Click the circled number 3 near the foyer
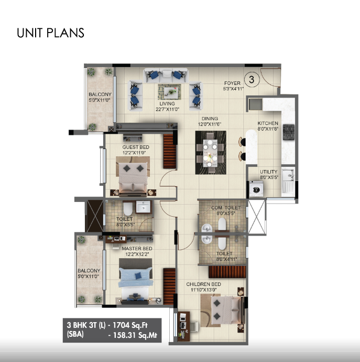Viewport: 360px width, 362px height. [x=252, y=80]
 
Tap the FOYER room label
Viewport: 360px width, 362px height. [x=232, y=83]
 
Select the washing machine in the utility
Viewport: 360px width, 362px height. [x=256, y=189]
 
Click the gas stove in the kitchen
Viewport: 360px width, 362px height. [x=289, y=132]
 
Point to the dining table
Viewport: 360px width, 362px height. [x=210, y=153]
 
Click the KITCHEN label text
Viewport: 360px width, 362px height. [x=268, y=123]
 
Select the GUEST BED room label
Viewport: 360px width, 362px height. [x=136, y=147]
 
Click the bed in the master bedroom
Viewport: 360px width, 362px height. [x=136, y=281]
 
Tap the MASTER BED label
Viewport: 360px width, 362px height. [x=137, y=249]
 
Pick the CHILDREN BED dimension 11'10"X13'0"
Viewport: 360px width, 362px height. [x=204, y=290]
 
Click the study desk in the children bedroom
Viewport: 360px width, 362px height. [x=183, y=326]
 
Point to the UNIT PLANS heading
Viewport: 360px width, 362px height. [x=50, y=33]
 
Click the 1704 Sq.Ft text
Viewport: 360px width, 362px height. [x=130, y=325]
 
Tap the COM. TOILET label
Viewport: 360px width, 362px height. [x=226, y=208]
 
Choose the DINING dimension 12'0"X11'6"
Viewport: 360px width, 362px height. [x=210, y=124]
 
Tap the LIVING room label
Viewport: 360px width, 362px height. [x=167, y=104]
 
